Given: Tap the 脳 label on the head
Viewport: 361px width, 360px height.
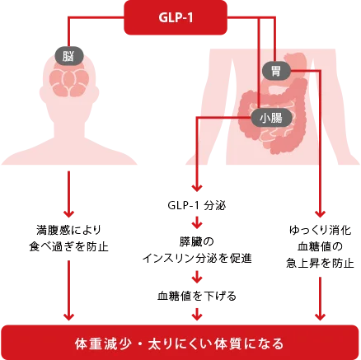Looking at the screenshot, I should (67, 56).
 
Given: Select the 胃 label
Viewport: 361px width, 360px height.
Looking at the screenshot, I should (276, 72).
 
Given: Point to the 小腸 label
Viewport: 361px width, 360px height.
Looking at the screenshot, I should (270, 118).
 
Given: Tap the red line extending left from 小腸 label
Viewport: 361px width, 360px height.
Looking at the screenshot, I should (223, 118).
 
